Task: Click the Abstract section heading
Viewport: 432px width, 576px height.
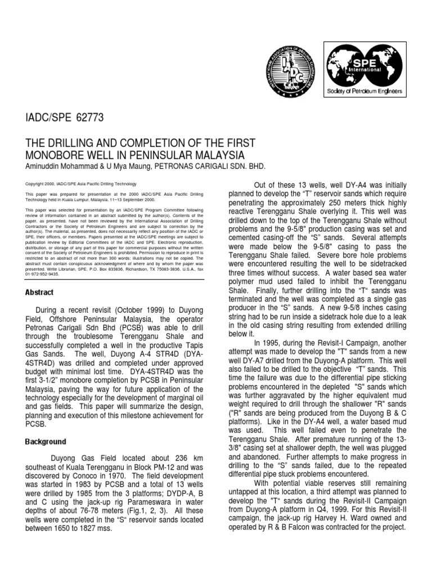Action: coord(39,292)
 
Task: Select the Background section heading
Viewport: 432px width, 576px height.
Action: coord(47,442)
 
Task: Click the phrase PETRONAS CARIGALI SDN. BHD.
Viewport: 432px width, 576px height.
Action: coord(202,166)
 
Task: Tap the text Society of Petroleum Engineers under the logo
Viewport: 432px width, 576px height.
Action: coord(364,91)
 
